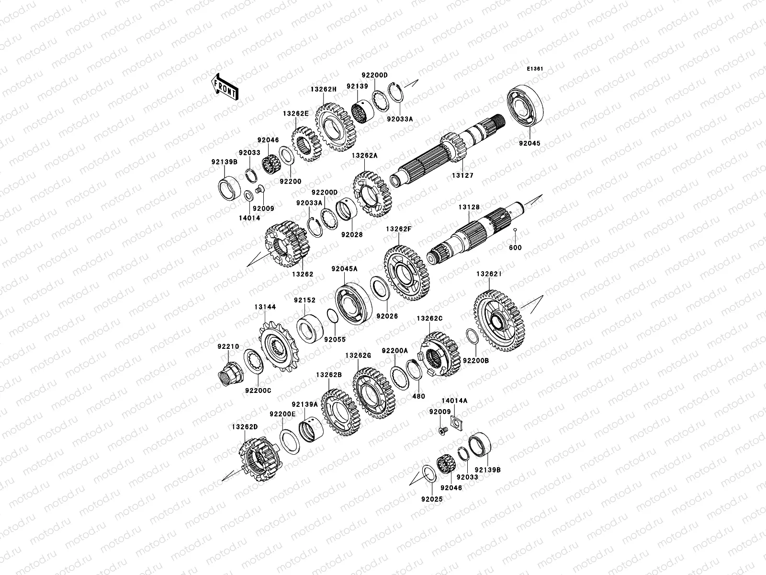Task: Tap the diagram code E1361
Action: click(x=535, y=69)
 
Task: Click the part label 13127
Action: click(x=462, y=176)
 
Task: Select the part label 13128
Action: click(x=469, y=207)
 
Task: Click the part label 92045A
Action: click(x=344, y=269)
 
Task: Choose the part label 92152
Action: click(x=304, y=300)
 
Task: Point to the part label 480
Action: click(x=418, y=396)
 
